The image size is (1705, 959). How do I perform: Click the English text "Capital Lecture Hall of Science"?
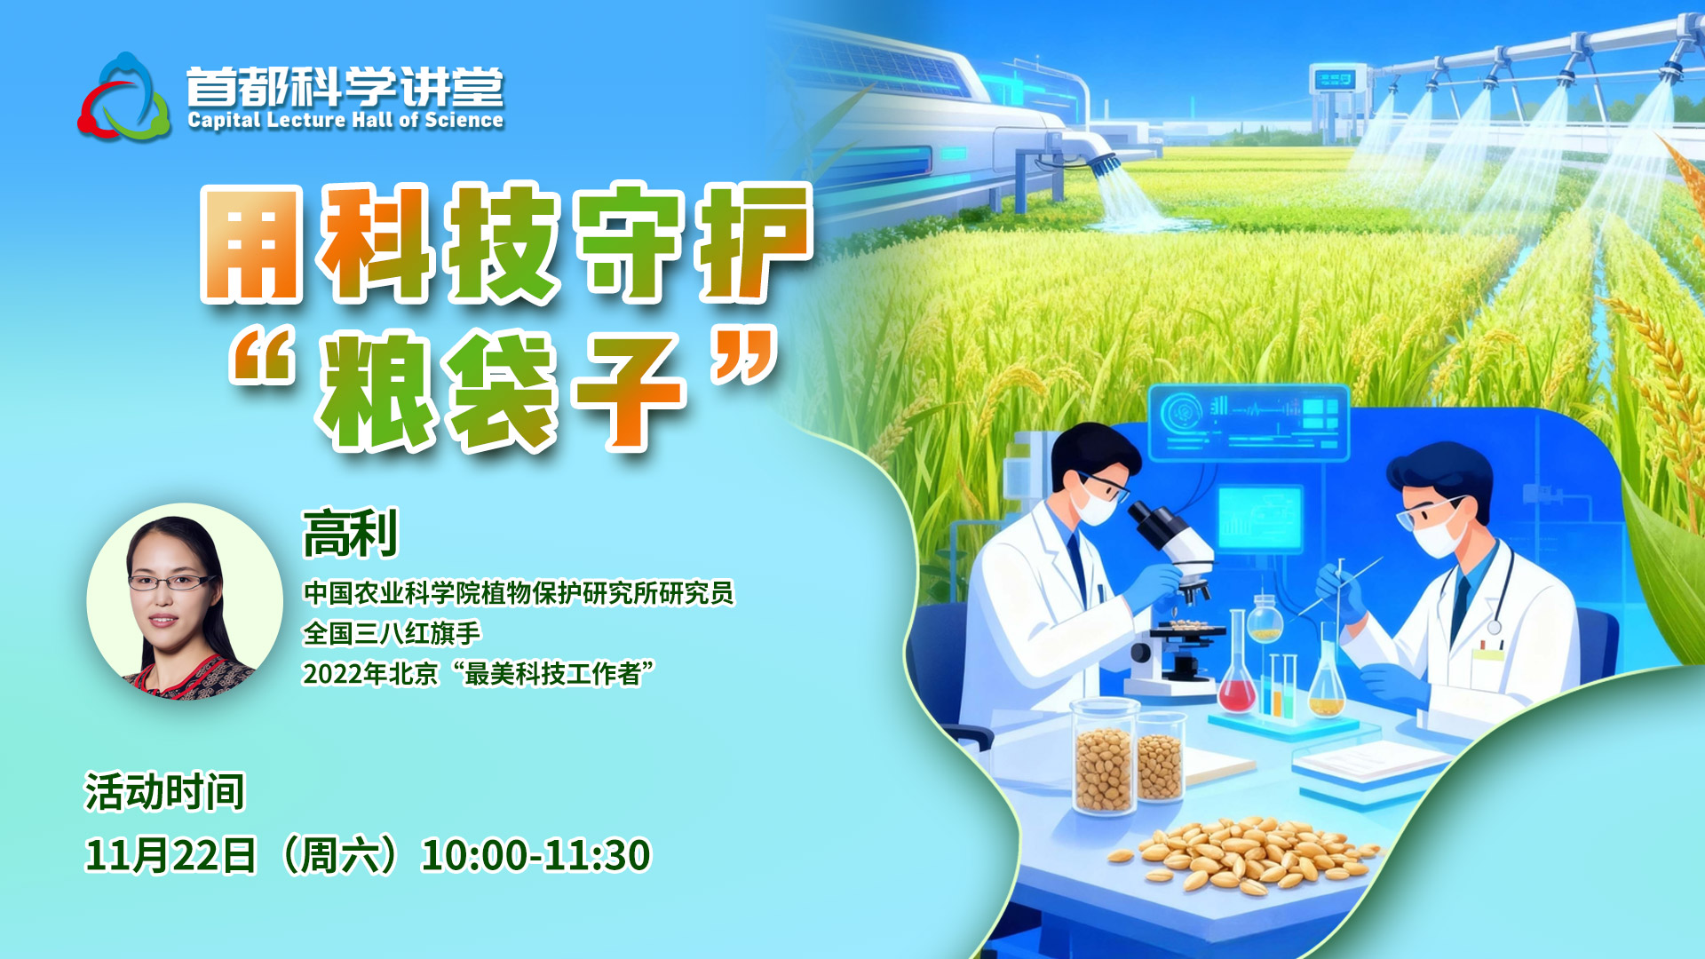[345, 120]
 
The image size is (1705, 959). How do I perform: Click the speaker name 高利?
[351, 534]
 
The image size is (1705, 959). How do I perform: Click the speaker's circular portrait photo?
[185, 602]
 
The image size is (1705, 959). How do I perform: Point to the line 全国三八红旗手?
[392, 633]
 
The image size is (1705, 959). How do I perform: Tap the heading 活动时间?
[164, 792]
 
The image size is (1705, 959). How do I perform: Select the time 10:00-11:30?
[536, 855]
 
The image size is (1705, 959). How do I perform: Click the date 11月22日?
[170, 855]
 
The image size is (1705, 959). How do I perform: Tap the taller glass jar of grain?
[1104, 756]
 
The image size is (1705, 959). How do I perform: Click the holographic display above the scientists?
[1248, 422]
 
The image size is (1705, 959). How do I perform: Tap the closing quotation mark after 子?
[745, 355]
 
